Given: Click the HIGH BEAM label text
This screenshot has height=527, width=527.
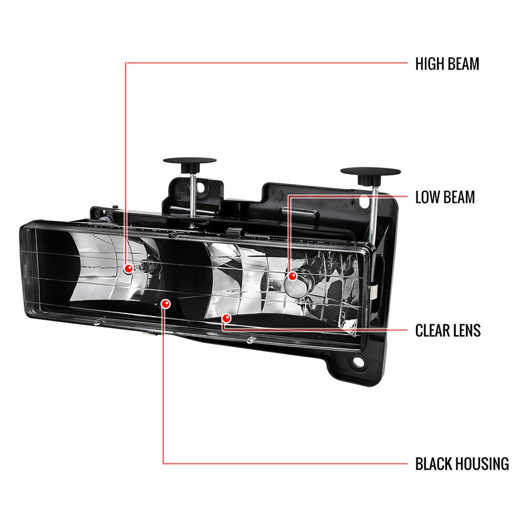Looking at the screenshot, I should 447,64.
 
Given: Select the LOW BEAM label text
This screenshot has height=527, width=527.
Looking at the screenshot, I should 445,198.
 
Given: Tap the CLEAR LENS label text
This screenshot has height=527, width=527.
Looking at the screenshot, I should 448,330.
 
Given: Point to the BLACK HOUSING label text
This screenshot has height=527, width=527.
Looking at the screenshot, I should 462,464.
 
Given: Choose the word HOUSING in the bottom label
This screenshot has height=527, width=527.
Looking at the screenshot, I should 483,464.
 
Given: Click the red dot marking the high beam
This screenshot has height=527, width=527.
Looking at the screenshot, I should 128,269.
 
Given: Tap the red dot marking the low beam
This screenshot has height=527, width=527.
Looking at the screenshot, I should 292,275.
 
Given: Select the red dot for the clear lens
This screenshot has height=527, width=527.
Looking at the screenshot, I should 226,318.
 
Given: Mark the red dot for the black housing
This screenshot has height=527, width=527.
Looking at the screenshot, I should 166,304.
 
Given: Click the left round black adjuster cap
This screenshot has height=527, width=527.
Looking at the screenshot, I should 190,162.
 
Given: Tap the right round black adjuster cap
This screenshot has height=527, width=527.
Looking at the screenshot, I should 370,173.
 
